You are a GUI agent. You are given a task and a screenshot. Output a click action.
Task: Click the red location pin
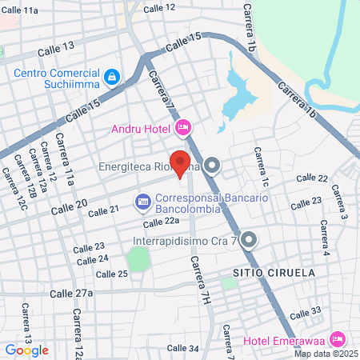[180, 162]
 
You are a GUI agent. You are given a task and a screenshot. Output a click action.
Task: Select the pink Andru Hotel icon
[183, 127]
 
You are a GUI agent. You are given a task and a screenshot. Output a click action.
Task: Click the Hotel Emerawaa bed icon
[336, 338]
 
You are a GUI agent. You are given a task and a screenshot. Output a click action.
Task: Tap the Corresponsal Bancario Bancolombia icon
[142, 200]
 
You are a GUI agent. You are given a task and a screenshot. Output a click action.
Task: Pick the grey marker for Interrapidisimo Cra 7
[249, 239]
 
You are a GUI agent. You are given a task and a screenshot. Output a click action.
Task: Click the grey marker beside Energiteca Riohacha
[212, 167]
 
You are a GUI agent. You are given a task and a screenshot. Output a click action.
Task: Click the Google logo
[26, 350]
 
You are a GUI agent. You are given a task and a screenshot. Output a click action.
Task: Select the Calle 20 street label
[69, 207]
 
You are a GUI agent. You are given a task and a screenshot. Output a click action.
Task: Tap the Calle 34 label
[182, 348]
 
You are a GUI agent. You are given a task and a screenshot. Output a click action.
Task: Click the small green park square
[139, 259]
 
